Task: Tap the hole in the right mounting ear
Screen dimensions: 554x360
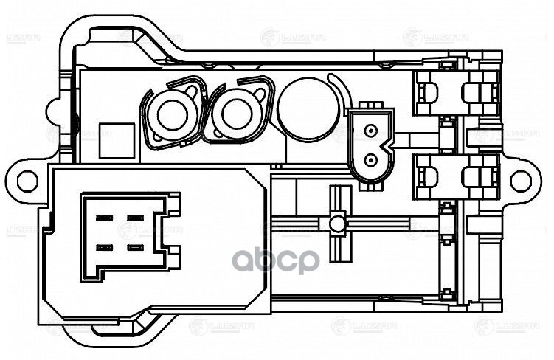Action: pos(521,179)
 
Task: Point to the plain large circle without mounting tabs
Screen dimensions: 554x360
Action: pos(305,111)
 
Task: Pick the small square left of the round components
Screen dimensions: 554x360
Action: pos(117,139)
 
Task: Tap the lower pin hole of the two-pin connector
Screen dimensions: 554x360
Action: pos(370,159)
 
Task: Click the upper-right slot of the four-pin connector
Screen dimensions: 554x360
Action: pos(134,218)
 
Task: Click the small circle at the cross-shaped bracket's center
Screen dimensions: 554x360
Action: pos(338,223)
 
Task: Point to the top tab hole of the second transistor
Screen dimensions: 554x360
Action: pos(260,91)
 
